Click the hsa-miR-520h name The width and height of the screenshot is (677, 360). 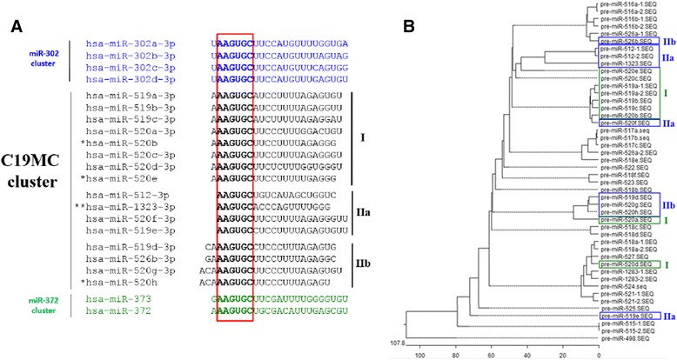pos(131,283)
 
